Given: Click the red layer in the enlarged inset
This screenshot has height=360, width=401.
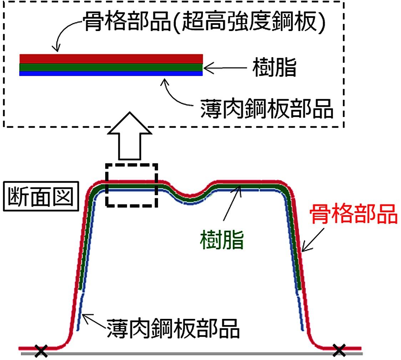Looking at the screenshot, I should coord(111,59).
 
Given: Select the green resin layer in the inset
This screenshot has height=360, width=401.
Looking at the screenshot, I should coord(111,67).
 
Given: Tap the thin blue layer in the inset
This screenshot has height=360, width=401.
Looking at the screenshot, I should coord(111,73).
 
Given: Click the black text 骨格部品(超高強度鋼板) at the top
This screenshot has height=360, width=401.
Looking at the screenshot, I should coord(204,24).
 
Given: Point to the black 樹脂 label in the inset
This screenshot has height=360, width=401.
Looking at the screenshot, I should coord(274,68).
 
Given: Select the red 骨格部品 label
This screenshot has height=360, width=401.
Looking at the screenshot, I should coord(353,214).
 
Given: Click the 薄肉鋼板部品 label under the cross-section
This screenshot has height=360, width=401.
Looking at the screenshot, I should coord(173,329).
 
